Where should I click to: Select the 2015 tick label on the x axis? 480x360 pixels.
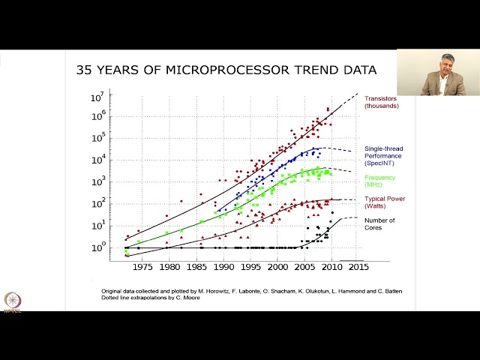[357, 266]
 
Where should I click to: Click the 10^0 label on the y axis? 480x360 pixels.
[98, 247]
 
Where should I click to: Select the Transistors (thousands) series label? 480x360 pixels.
[382, 102]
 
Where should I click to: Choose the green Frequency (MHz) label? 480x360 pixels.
[381, 181]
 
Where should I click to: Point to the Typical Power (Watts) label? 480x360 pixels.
[385, 202]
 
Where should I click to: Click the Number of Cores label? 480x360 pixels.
[379, 223]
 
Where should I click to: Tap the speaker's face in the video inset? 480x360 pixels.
[441, 62]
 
